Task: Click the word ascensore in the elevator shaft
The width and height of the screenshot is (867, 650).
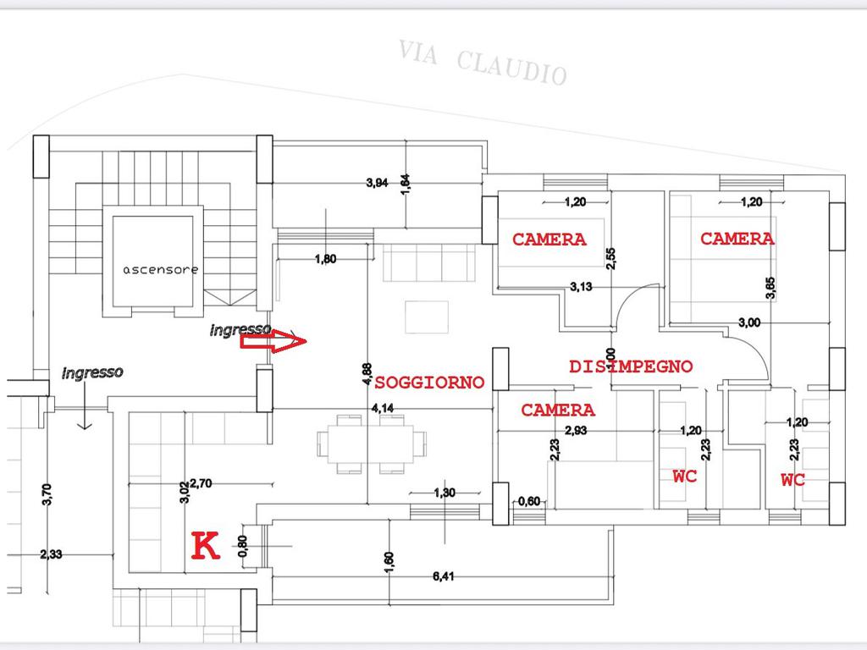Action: (160, 270)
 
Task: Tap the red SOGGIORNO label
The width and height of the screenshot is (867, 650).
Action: (429, 383)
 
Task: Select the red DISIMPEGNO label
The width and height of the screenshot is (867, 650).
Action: (631, 366)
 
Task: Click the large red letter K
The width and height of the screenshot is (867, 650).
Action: (206, 546)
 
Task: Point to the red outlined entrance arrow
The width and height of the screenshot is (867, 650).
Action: (273, 341)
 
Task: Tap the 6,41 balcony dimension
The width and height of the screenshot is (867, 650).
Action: (444, 576)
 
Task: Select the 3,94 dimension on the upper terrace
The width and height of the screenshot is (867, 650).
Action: (377, 183)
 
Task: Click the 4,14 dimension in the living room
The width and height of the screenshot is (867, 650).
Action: (383, 409)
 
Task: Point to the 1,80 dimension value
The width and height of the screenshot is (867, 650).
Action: (326, 259)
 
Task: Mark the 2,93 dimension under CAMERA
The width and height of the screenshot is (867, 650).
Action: (576, 430)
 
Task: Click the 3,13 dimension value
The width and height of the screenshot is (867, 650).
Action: (581, 286)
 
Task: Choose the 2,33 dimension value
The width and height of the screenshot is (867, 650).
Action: (51, 554)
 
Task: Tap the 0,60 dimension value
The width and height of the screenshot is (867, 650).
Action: (529, 501)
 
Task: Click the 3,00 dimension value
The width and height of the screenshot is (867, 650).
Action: (749, 322)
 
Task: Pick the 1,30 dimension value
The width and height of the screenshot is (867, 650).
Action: (445, 493)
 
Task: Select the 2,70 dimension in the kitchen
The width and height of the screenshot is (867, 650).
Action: (201, 483)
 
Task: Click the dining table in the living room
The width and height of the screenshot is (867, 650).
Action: (371, 443)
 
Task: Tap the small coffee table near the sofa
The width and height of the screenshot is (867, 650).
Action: (427, 317)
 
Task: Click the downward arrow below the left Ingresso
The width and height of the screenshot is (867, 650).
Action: (85, 405)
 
